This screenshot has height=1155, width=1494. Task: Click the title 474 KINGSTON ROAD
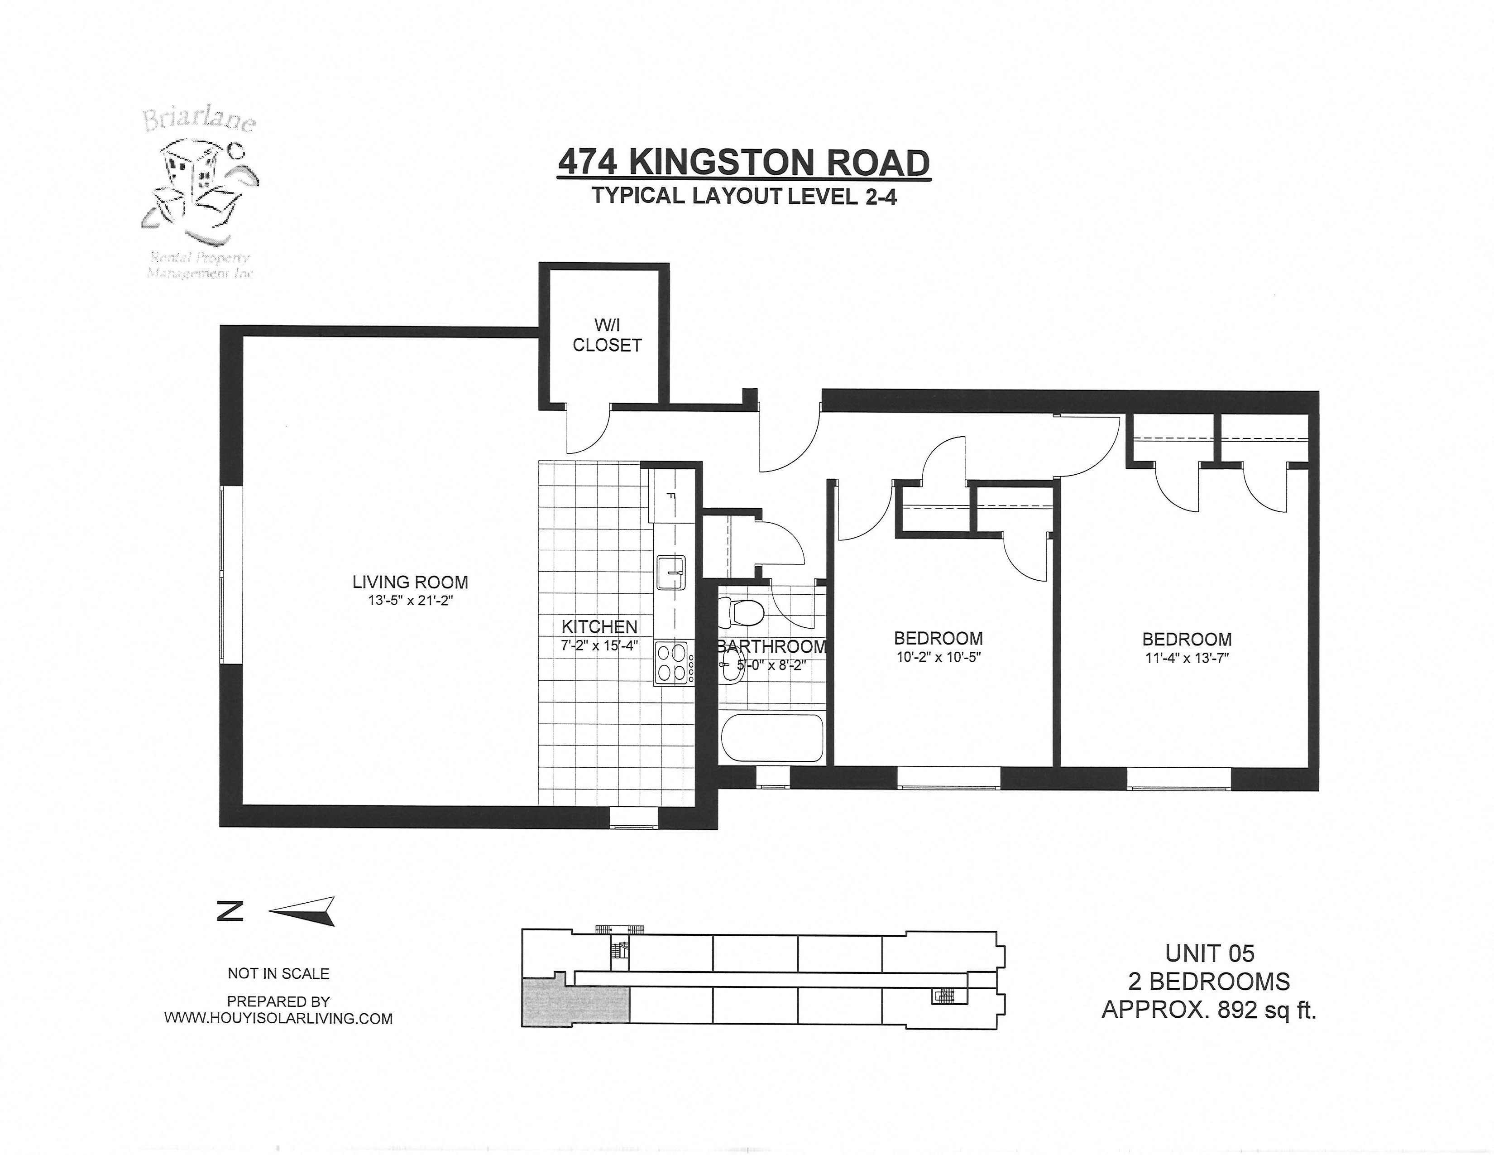[x=743, y=163]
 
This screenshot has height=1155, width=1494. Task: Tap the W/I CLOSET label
[x=607, y=335]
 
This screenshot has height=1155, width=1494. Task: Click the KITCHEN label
[x=599, y=626]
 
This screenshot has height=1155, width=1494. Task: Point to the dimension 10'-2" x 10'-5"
[x=939, y=658]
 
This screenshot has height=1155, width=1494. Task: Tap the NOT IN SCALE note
[x=278, y=973]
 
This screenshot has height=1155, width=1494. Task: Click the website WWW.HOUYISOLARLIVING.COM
[x=278, y=1018]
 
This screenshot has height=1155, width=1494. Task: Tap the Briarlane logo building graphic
[x=195, y=181]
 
